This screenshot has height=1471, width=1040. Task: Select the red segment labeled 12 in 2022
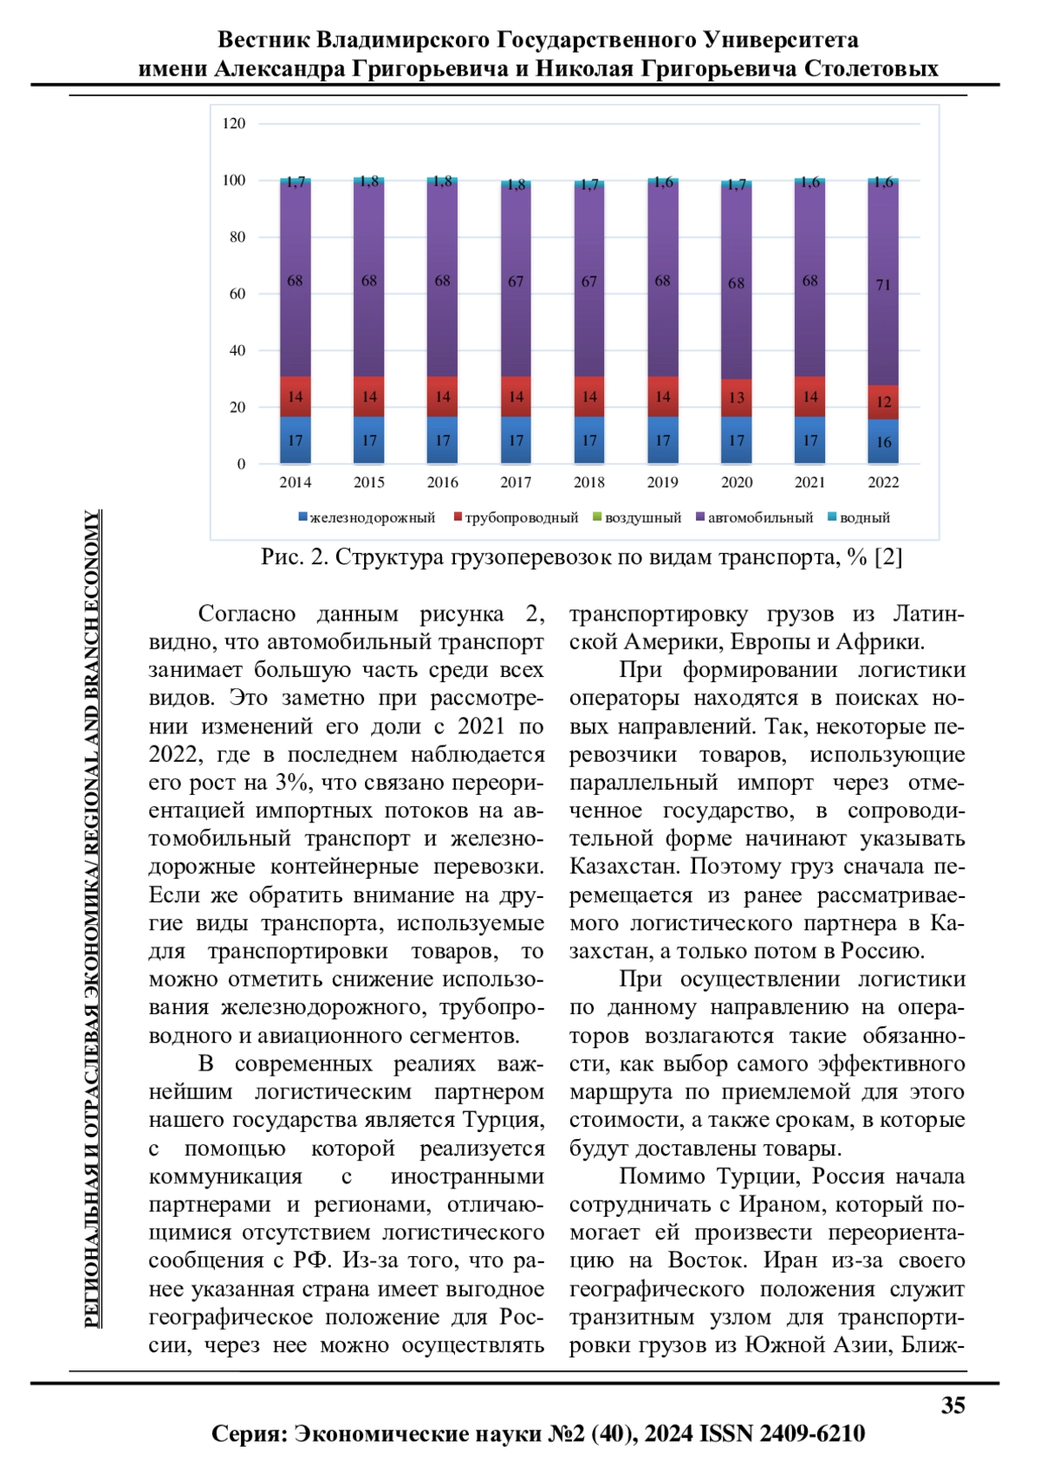(883, 402)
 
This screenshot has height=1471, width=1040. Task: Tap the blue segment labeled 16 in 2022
(883, 442)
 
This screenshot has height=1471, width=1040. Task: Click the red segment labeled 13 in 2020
(736, 398)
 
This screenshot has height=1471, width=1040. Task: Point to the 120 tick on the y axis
(234, 124)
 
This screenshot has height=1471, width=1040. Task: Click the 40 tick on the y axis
(237, 351)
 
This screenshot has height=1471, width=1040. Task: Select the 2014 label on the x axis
(295, 483)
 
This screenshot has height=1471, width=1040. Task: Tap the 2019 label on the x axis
(662, 483)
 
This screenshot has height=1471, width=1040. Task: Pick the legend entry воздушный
(642, 518)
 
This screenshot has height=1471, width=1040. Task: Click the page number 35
(952, 1406)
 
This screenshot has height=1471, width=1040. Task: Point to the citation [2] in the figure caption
(888, 557)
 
